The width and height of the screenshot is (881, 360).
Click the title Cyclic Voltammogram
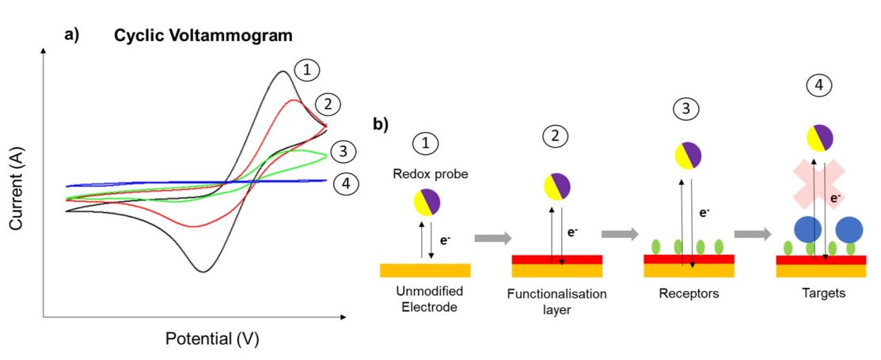(203, 36)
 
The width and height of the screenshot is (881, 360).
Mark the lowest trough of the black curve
(203, 271)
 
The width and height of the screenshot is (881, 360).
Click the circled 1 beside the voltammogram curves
(306, 70)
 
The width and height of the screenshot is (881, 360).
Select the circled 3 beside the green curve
(342, 150)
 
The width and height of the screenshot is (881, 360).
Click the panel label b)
(383, 125)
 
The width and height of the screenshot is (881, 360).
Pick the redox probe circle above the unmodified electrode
(427, 203)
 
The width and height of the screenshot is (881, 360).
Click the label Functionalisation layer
(557, 301)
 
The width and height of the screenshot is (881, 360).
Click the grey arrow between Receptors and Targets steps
(753, 234)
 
